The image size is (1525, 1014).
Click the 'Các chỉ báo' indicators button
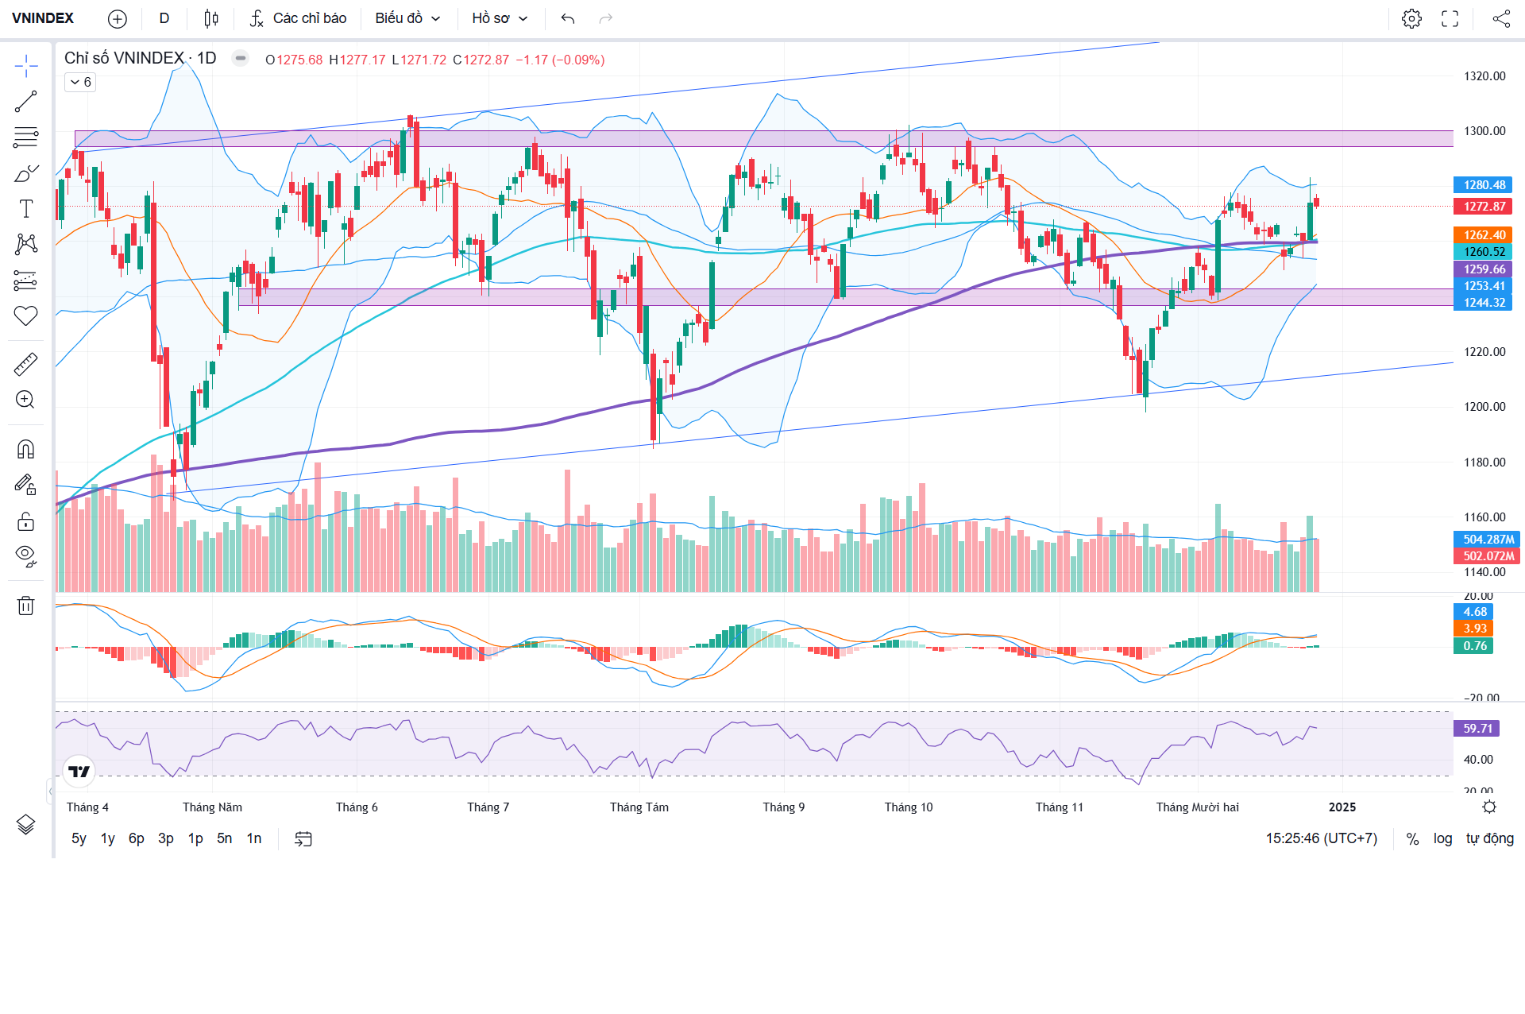[299, 18]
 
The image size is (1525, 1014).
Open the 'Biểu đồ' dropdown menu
[407, 18]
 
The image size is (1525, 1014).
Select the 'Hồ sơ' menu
[500, 18]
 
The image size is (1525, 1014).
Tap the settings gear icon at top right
[1411, 18]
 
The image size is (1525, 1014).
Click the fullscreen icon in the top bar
[1450, 18]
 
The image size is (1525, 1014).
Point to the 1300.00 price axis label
[1484, 131]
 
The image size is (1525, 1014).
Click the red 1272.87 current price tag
[1484, 207]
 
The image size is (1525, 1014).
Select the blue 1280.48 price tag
[1484, 185]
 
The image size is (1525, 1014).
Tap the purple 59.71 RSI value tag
[1477, 729]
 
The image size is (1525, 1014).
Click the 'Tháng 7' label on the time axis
[488, 807]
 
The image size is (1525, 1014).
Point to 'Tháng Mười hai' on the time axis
[1197, 807]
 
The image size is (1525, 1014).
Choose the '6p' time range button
[137, 838]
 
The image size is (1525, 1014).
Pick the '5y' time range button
[79, 838]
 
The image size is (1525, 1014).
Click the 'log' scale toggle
[1442, 838]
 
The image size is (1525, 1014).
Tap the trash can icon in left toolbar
[25, 606]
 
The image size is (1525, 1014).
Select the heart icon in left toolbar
[25, 315]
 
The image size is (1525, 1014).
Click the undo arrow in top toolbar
[567, 18]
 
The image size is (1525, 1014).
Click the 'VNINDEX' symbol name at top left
[43, 18]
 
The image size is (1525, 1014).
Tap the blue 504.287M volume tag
[1487, 540]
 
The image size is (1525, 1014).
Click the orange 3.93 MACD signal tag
[1474, 629]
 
